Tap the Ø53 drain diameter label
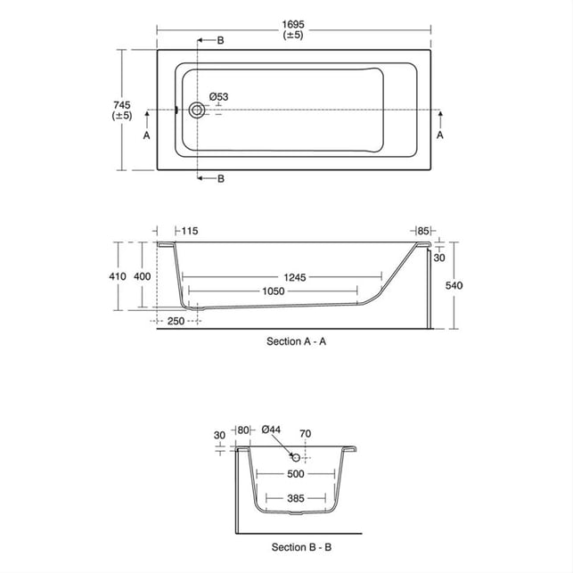click(x=218, y=96)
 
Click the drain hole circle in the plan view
click(x=195, y=111)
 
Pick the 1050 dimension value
click(x=272, y=292)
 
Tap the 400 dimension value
click(x=142, y=277)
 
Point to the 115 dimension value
click(x=188, y=232)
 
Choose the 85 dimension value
click(x=423, y=232)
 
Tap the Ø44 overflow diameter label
click(x=272, y=430)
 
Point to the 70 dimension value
click(x=305, y=433)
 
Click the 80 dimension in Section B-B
click(x=243, y=430)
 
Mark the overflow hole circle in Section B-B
click(x=297, y=457)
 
